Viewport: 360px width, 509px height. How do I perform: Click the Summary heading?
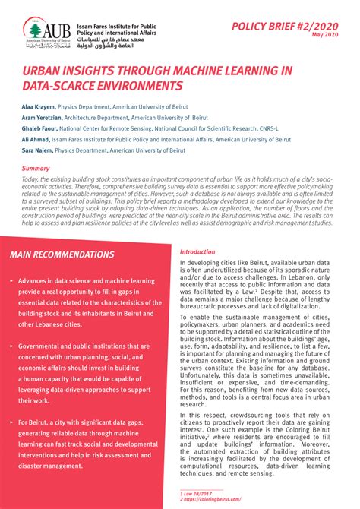pos(36,168)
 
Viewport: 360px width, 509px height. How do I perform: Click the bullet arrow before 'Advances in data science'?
pos(11,280)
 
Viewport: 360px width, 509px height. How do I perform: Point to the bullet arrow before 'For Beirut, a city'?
pos(11,420)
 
